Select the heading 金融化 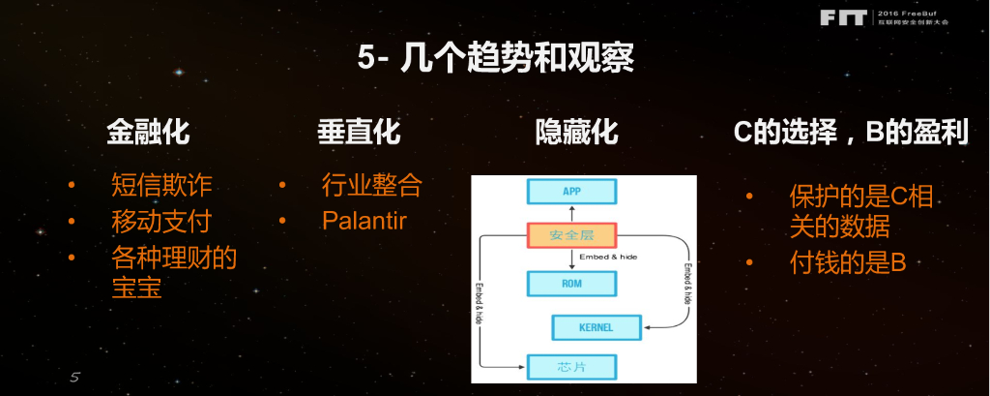click(147, 133)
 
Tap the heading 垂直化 click(358, 133)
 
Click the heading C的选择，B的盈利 click(850, 133)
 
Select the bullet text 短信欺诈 click(161, 185)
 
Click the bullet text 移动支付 click(161, 221)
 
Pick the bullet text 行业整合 click(371, 185)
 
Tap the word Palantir click(364, 221)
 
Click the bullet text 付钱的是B click(848, 261)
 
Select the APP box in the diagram click(570, 191)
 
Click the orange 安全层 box click(570, 235)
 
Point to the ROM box click(570, 283)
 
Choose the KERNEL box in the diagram click(596, 327)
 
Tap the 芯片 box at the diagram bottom click(570, 366)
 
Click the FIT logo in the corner click(842, 16)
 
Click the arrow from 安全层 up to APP click(570, 213)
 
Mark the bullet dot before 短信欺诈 click(72, 186)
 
